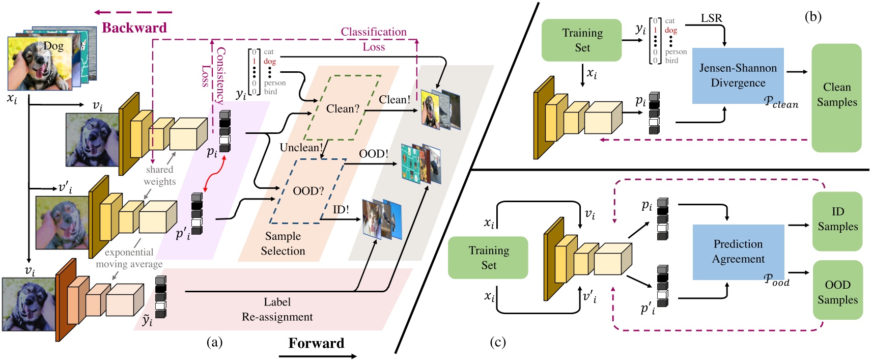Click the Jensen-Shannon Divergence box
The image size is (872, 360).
(x=738, y=75)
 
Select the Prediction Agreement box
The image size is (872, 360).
(x=738, y=252)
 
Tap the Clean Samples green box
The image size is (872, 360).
(x=836, y=97)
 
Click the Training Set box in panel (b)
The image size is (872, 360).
(x=582, y=40)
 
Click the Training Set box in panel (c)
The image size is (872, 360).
(x=488, y=257)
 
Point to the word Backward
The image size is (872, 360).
(x=134, y=27)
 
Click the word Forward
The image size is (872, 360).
(x=316, y=343)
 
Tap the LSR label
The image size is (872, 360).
(x=711, y=18)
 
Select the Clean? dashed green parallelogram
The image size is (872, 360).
(x=343, y=108)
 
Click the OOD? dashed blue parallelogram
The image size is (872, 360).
(x=308, y=191)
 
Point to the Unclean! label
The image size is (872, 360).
(x=301, y=148)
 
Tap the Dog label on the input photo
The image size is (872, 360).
(x=53, y=46)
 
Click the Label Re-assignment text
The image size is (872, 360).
(x=277, y=309)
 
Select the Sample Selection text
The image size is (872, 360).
(x=283, y=243)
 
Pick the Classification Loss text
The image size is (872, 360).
(x=374, y=39)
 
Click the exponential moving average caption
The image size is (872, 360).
(x=129, y=258)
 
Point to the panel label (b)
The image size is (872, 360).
(x=813, y=17)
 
